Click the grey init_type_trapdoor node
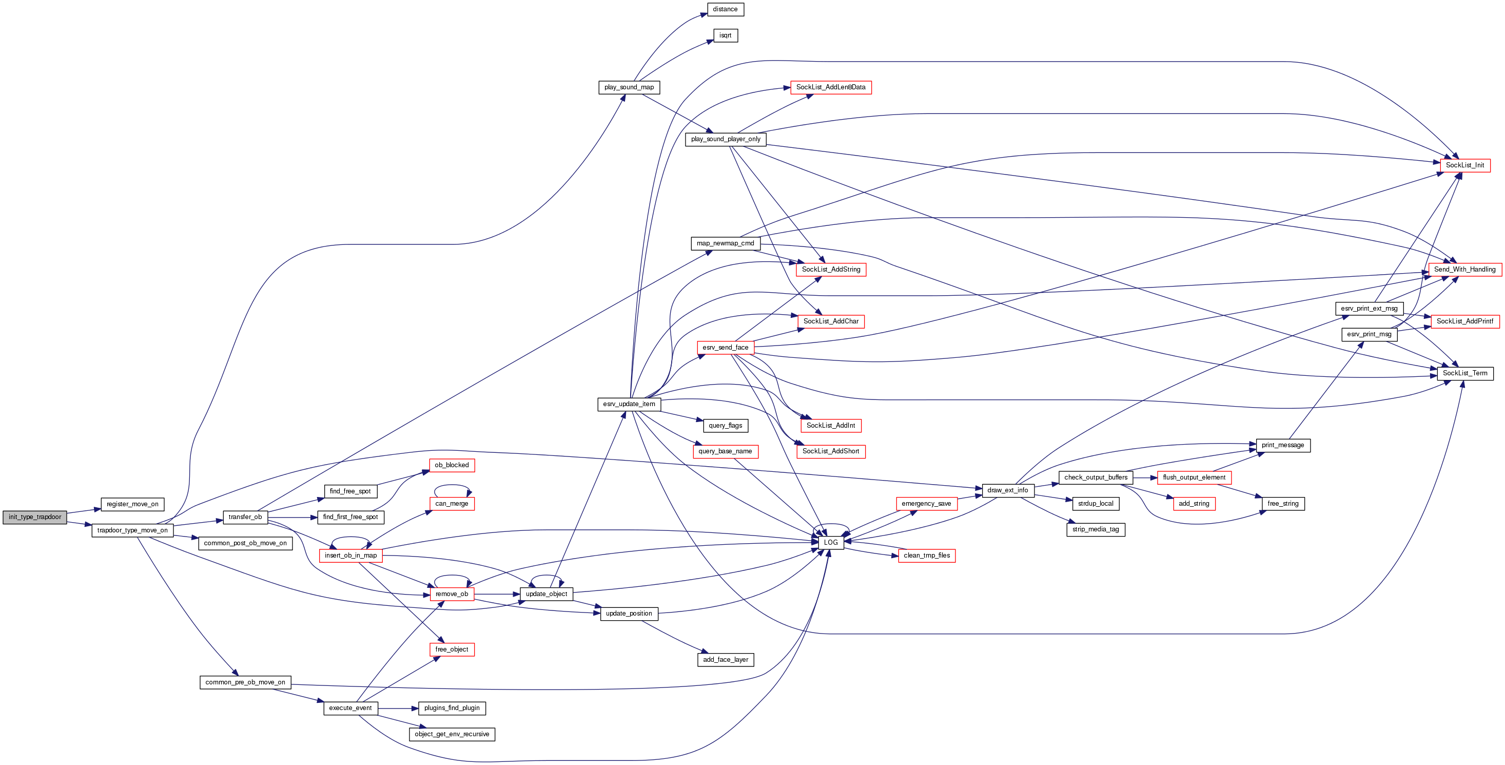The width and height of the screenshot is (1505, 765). [x=34, y=517]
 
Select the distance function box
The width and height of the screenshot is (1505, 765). [x=725, y=9]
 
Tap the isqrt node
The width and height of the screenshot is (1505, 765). [x=725, y=35]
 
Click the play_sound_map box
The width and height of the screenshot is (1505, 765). [x=629, y=88]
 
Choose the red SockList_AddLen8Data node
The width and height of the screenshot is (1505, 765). [x=830, y=88]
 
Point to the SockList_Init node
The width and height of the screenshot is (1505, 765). [x=1464, y=165]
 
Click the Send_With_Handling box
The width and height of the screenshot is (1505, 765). [x=1464, y=270]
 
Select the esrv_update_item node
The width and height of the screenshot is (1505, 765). [x=629, y=404]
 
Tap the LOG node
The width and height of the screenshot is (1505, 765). [x=830, y=542]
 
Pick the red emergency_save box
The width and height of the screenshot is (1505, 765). [x=926, y=504]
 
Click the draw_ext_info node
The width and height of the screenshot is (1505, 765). [x=1007, y=490]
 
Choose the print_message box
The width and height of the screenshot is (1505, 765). [x=1282, y=445]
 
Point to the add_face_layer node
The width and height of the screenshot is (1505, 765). [x=725, y=660]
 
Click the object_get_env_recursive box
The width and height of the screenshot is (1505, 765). [x=452, y=734]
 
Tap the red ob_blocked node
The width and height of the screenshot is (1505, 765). [x=452, y=465]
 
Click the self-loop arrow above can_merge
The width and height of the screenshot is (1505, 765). [x=452, y=486]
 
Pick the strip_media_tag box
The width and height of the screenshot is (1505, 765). [x=1096, y=529]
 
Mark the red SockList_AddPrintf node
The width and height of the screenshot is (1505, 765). [x=1464, y=321]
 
